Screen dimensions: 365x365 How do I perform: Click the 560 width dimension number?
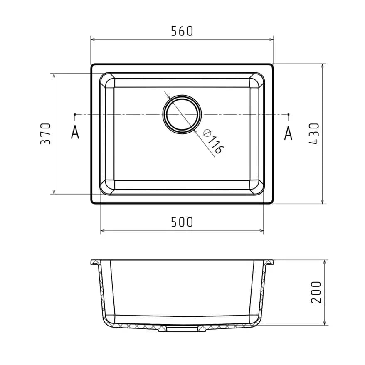click(x=182, y=31)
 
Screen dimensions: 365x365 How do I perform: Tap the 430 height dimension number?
click(x=314, y=133)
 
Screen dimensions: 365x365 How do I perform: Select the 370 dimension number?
click(x=45, y=133)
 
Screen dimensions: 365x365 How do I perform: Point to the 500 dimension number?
click(x=182, y=222)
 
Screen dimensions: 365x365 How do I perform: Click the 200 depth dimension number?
click(x=316, y=292)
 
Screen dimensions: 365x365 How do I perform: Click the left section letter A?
click(x=75, y=133)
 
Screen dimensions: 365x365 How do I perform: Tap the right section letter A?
click(x=288, y=133)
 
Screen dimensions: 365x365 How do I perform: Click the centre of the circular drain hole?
click(x=182, y=114)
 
